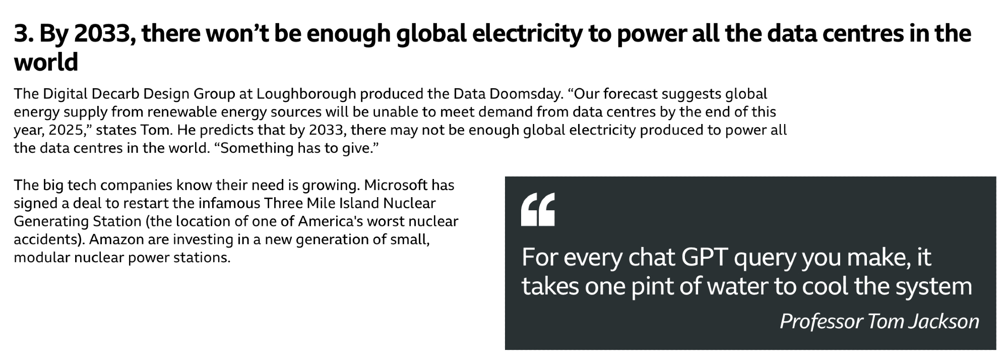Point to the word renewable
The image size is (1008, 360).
click(184, 112)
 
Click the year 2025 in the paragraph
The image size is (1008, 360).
click(68, 130)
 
